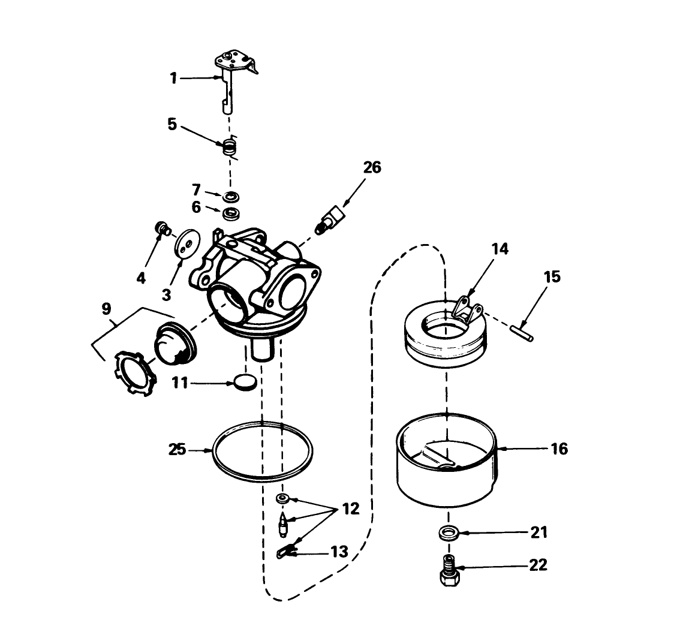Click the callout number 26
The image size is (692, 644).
[x=372, y=167]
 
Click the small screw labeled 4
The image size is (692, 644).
[x=161, y=228]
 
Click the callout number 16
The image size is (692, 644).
[x=558, y=448]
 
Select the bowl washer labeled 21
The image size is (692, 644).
[x=447, y=532]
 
